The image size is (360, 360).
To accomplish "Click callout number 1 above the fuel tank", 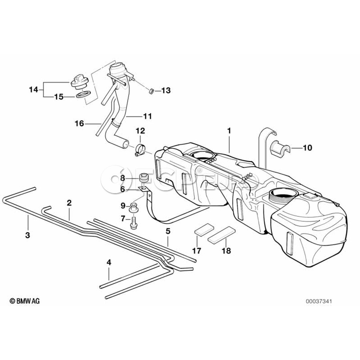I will tap(229, 130).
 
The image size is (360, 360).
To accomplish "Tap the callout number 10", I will tap(307, 148).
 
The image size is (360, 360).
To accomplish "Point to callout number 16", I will tap(79, 124).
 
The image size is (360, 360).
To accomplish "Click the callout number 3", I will tap(28, 236).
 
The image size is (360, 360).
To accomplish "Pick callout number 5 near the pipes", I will tap(168, 231).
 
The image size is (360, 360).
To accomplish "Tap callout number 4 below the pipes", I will tap(109, 263).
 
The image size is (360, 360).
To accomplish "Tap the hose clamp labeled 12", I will tap(140, 150).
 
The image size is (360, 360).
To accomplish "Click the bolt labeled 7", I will tap(133, 221).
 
